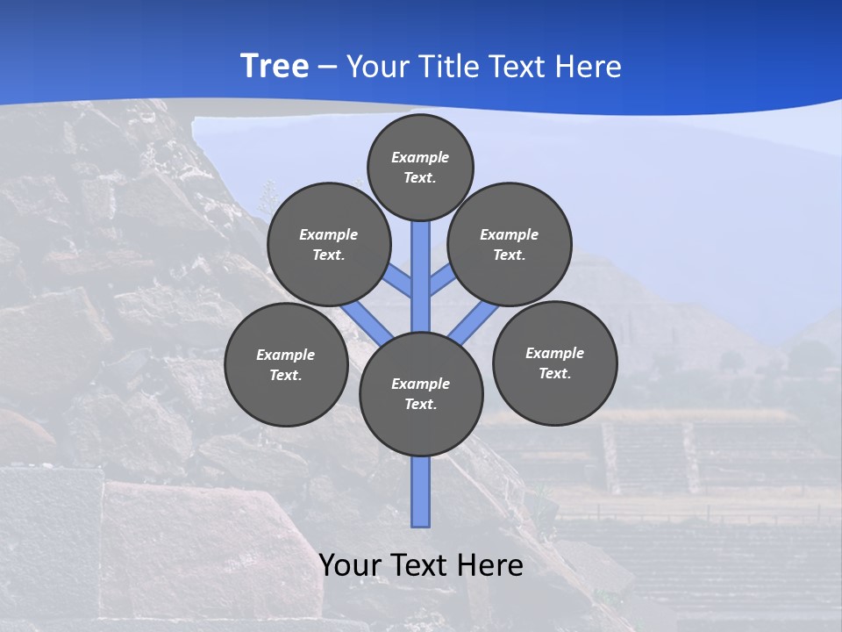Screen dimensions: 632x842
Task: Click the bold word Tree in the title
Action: click(x=275, y=66)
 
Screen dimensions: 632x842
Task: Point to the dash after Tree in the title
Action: click(x=328, y=67)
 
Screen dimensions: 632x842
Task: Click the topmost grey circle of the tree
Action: click(x=420, y=167)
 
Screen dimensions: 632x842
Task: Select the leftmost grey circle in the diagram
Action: click(x=286, y=364)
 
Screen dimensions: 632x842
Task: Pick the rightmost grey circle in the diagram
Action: click(x=554, y=363)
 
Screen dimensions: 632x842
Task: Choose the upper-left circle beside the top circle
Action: click(x=329, y=244)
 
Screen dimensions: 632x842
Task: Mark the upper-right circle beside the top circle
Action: click(x=509, y=244)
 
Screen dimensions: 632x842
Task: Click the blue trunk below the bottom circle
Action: click(x=421, y=492)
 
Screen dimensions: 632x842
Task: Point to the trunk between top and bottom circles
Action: click(x=421, y=272)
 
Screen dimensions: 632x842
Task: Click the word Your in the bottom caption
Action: click(x=350, y=565)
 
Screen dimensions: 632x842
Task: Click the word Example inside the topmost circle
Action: click(x=420, y=157)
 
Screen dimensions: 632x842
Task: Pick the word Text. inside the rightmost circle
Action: click(x=554, y=373)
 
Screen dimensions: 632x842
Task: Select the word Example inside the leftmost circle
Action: click(x=286, y=355)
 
